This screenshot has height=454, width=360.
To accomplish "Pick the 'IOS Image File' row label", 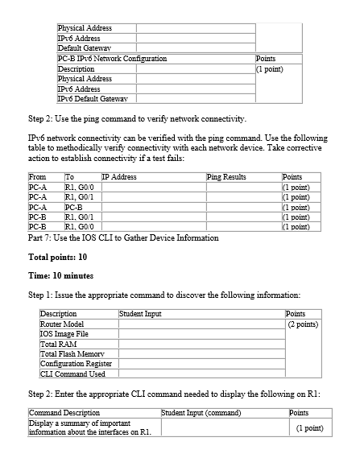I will tap(64, 333).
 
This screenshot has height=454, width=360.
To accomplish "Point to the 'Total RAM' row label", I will tap(58, 344).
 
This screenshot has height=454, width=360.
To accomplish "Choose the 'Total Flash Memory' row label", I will tap(72, 353).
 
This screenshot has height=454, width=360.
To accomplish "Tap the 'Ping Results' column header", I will tap(226, 176).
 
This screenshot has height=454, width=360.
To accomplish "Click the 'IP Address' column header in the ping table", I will tap(119, 176).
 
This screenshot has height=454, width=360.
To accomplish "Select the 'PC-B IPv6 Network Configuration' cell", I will tap(113, 59).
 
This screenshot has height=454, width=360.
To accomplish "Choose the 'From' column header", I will tap(37, 176).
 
